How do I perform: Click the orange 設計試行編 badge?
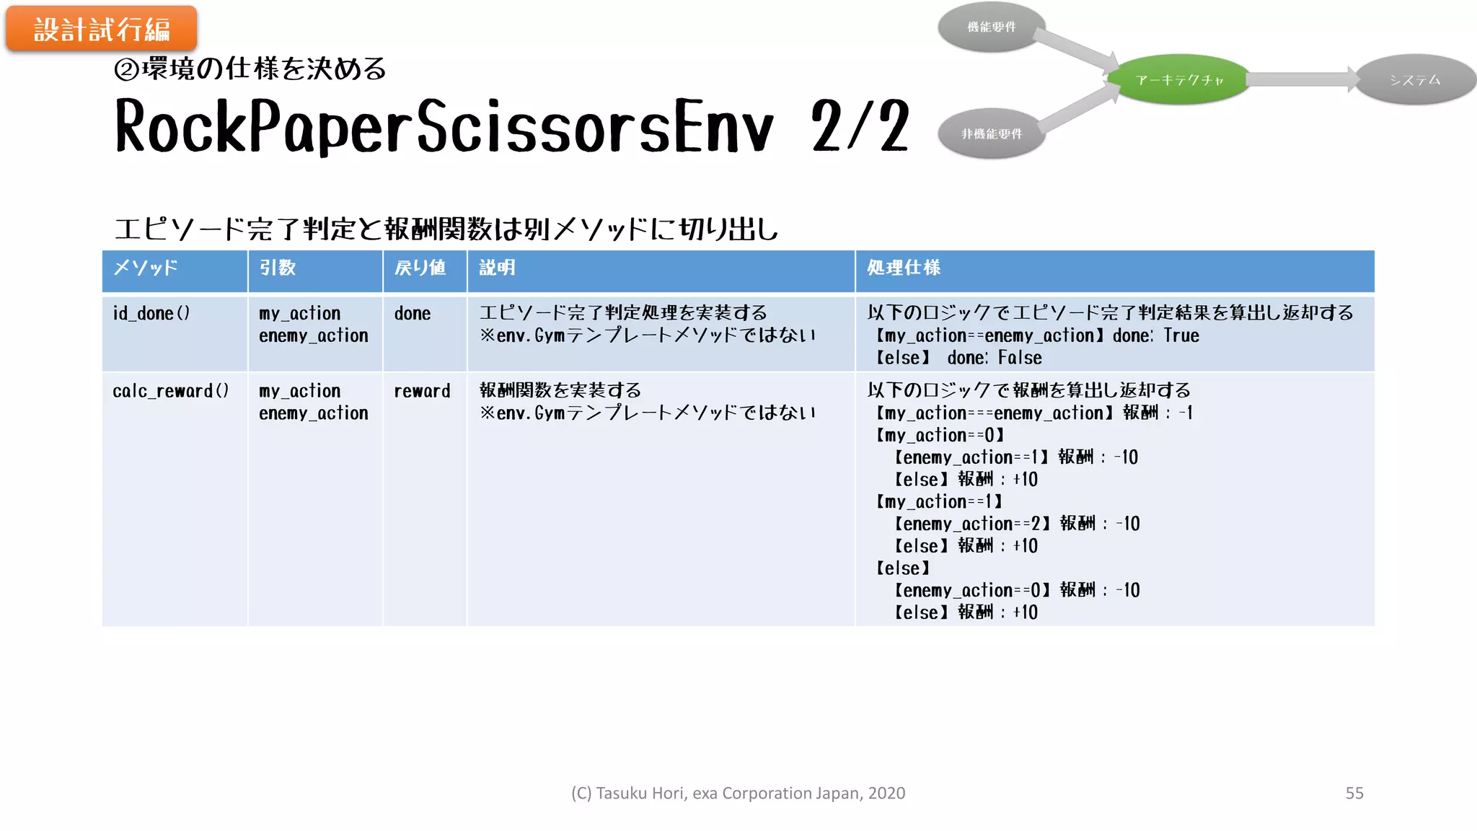click(101, 30)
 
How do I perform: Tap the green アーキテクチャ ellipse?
click(1179, 79)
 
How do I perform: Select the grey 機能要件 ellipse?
click(992, 27)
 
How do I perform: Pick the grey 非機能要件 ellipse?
click(992, 133)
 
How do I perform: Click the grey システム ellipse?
click(1415, 79)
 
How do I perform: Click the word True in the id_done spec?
click(1181, 336)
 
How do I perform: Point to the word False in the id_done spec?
click(1020, 358)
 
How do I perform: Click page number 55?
click(1354, 793)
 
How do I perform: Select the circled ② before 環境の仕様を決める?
click(126, 70)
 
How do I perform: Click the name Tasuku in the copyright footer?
click(621, 793)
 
